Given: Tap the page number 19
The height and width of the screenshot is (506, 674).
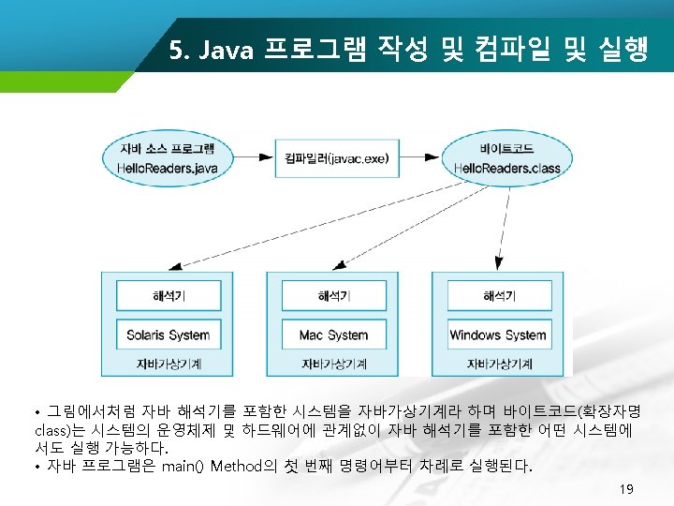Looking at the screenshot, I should pos(626,489).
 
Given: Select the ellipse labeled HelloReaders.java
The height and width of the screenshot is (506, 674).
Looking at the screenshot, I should pos(168,158).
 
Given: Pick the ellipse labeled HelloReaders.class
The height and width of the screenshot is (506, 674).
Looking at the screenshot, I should pos(506,158).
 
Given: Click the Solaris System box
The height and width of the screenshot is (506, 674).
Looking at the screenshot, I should pos(168,335).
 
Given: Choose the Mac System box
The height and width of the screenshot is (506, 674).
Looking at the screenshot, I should pos(333,335).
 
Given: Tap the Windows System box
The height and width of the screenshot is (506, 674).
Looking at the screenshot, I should pos(498,335).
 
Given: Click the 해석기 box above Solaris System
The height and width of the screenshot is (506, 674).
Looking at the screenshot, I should pos(168,296).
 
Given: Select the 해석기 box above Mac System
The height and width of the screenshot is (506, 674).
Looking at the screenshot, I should pos(333,296).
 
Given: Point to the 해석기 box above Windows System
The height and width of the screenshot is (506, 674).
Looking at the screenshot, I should pos(498,296).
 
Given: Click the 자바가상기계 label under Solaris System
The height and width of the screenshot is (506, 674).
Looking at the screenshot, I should pos(168,363).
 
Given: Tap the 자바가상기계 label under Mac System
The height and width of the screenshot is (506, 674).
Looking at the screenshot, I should pos(333,363).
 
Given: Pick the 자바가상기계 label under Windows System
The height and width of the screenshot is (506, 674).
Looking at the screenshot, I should pos(498,363).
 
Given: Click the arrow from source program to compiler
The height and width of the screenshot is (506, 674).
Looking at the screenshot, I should pos(254,156).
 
